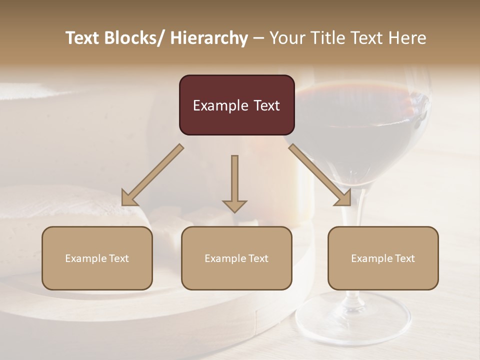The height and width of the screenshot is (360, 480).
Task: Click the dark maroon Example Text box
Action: tap(236, 105)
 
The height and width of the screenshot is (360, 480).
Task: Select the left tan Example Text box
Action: tap(97, 258)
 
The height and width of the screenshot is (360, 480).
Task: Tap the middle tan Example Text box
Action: tap(236, 258)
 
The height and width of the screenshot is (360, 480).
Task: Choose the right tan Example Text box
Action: tap(383, 258)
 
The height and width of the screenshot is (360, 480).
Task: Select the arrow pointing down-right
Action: tap(320, 175)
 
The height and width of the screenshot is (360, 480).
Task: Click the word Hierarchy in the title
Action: tap(209, 38)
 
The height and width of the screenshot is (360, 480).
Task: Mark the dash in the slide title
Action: tap(258, 38)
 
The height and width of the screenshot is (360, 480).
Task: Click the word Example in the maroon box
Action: tap(216, 105)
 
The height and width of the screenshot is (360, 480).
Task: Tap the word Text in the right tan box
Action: tap(404, 258)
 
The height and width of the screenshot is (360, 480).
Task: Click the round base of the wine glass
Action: tap(353, 320)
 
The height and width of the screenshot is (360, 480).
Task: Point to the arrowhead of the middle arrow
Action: tap(234, 205)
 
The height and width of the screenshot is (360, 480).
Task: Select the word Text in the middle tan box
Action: tap(258, 258)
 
